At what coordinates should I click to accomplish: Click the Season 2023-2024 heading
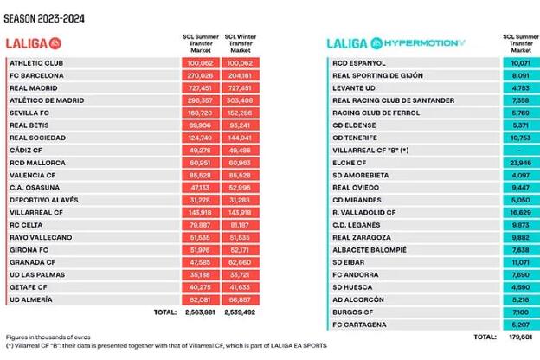[44, 18]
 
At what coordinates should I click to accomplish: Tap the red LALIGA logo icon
[55, 44]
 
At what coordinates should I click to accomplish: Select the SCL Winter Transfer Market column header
[241, 43]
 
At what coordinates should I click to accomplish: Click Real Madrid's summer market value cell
[201, 88]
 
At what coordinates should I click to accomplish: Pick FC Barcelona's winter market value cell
[241, 75]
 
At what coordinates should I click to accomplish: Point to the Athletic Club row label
[36, 63]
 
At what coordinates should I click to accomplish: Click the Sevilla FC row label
[29, 113]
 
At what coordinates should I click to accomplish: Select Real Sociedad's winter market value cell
[241, 138]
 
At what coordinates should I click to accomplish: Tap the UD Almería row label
[31, 299]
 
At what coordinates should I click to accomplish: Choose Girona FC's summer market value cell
[201, 250]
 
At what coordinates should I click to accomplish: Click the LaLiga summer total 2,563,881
[200, 312]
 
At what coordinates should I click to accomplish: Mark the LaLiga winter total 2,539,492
[240, 312]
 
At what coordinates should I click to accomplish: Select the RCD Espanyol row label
[359, 63]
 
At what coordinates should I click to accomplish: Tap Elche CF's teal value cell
[521, 163]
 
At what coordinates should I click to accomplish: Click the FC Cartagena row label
[359, 325]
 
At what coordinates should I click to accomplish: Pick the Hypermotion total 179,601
[521, 337]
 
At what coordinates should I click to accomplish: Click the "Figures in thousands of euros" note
[48, 337]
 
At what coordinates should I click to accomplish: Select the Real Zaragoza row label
[362, 237]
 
